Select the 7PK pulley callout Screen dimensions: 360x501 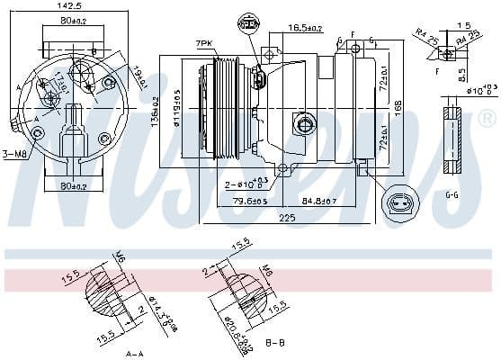pyautogui.click(x=204, y=42)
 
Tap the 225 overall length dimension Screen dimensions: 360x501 pyautogui.click(x=285, y=217)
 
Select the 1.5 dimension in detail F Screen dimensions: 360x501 pyautogui.click(x=463, y=25)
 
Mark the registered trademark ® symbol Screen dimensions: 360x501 pyautogui.click(x=486, y=118)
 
